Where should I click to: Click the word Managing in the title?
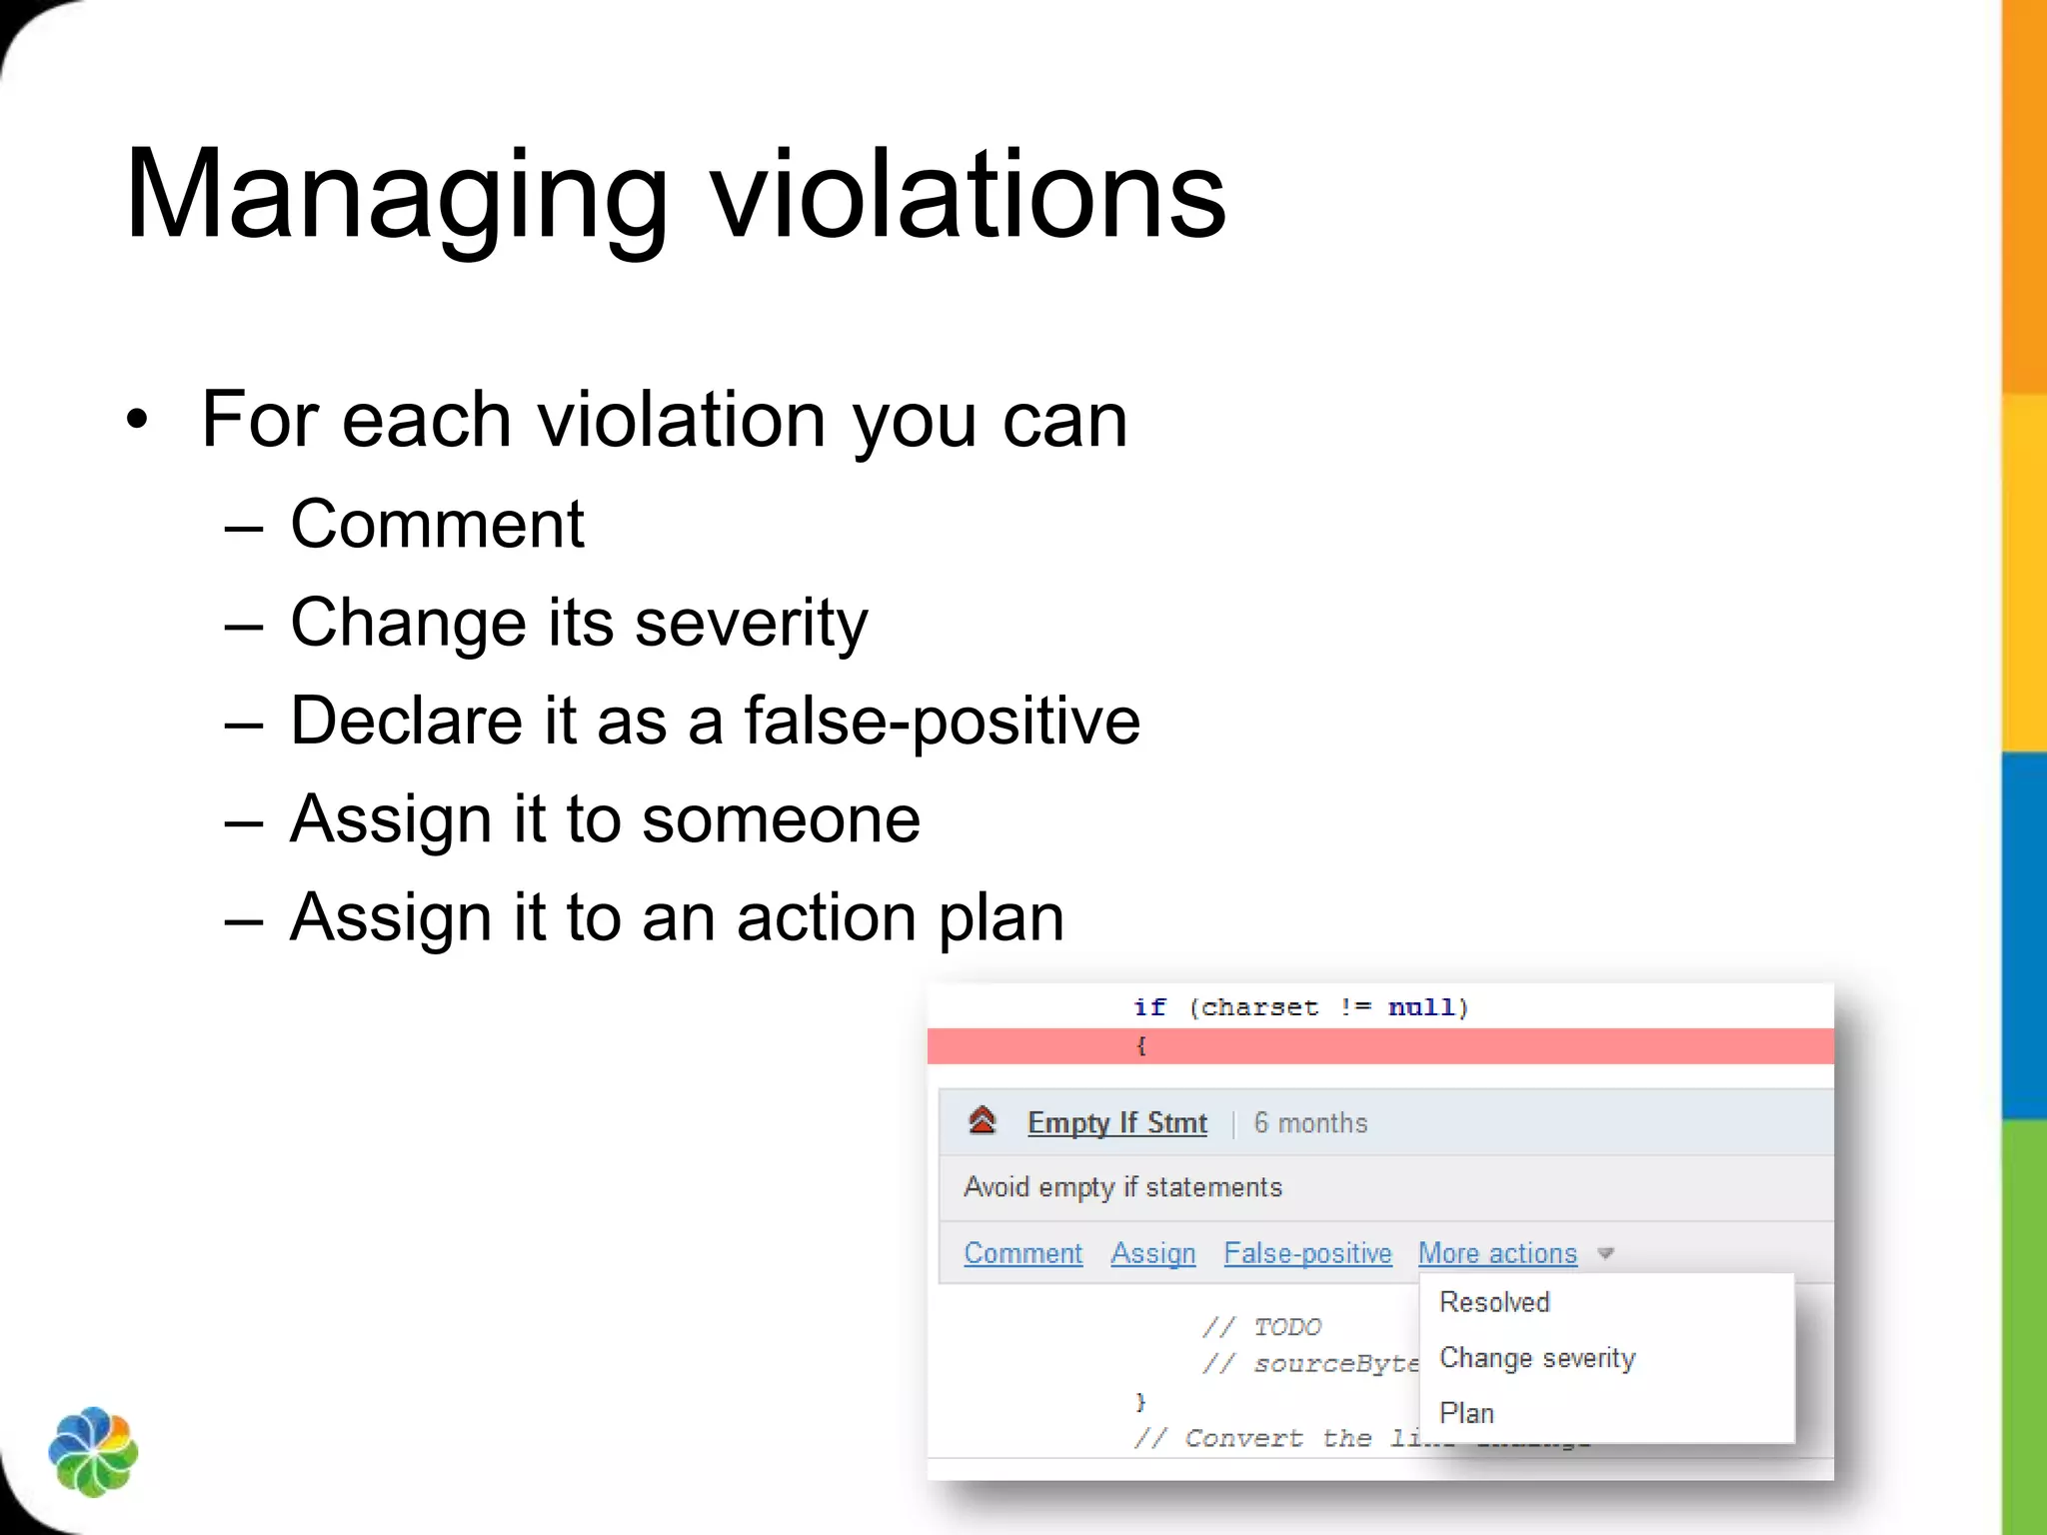pos(396,195)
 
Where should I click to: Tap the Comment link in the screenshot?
pos(1023,1253)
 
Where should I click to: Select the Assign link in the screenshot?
pos(1153,1253)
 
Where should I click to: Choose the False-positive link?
pos(1307,1253)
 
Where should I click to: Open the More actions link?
pos(1497,1253)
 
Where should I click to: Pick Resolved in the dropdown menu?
pos(1494,1302)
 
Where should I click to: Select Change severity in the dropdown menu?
pos(1537,1358)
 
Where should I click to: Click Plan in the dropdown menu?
pos(1466,1413)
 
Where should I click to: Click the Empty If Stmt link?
pos(1116,1123)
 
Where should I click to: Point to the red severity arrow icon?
pos(983,1121)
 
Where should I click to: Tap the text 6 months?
pos(1310,1123)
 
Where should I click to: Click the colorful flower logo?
pos(93,1452)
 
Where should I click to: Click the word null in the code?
pos(1421,1007)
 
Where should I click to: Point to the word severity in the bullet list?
pos(751,623)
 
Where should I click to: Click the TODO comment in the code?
pos(1286,1327)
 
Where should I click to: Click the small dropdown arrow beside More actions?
pos(1606,1253)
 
